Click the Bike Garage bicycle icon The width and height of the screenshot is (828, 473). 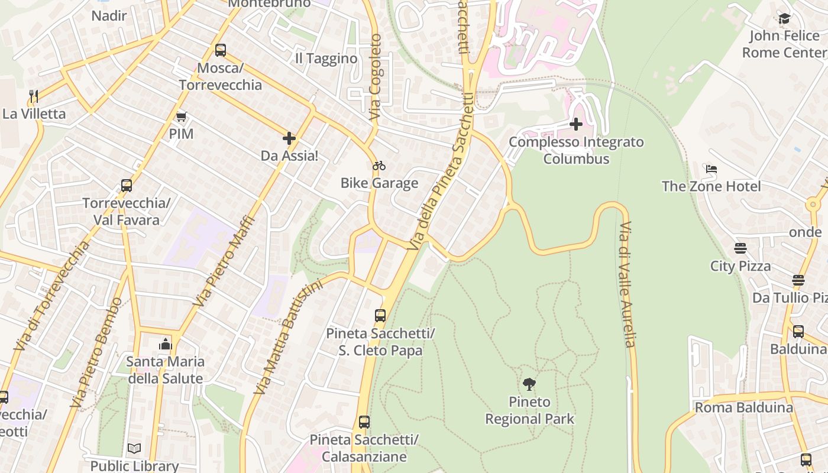click(x=379, y=166)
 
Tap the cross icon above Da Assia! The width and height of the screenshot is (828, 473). click(x=289, y=138)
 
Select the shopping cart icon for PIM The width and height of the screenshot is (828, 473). click(x=181, y=116)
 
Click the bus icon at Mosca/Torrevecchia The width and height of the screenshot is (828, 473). click(x=221, y=50)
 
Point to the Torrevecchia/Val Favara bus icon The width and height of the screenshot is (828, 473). click(x=127, y=186)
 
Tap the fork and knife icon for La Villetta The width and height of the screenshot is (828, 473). click(x=34, y=96)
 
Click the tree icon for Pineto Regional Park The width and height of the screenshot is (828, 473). click(x=529, y=384)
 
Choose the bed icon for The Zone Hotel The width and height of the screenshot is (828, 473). click(x=711, y=169)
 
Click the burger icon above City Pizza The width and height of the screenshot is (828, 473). click(x=740, y=248)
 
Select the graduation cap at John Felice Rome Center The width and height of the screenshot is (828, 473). click(x=784, y=19)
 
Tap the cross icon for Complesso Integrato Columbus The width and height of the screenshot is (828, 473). click(x=576, y=124)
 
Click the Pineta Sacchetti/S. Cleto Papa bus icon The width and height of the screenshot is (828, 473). click(x=380, y=316)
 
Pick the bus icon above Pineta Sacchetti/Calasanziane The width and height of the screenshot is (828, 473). click(x=364, y=422)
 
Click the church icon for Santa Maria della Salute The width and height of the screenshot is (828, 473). click(x=166, y=344)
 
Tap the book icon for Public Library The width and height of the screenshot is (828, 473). click(x=134, y=449)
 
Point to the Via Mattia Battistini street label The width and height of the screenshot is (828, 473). click(x=288, y=337)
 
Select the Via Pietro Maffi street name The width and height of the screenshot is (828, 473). click(x=224, y=261)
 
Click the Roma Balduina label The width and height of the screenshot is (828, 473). click(x=743, y=407)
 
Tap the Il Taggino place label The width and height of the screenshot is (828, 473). click(x=326, y=59)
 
